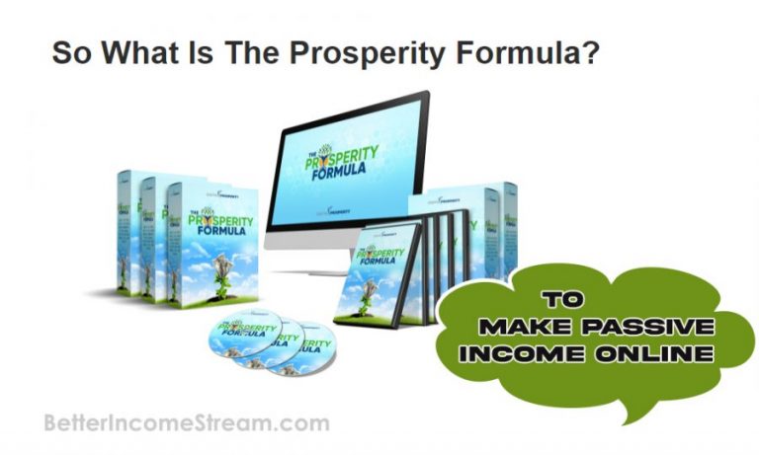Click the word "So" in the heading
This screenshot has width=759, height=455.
pos(69,50)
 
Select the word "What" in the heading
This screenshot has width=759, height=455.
pos(130,50)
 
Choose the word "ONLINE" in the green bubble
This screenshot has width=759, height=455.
pos(646,352)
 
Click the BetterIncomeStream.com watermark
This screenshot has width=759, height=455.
pos(187,424)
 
